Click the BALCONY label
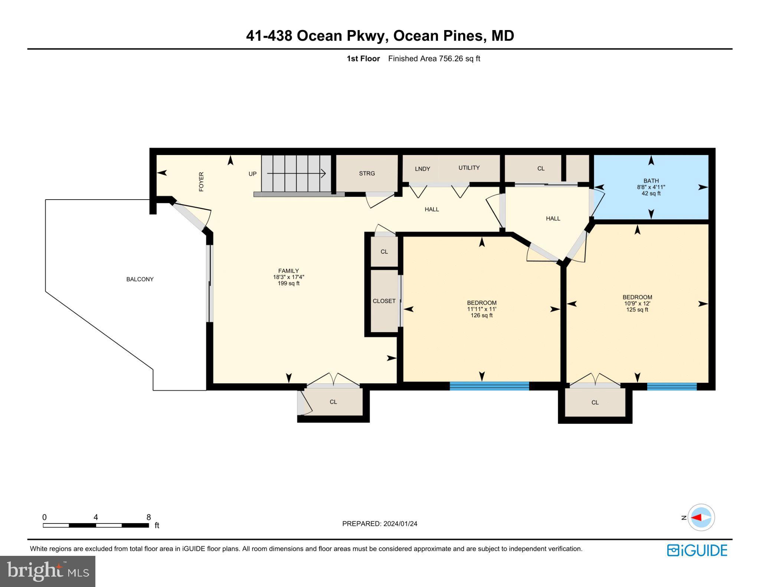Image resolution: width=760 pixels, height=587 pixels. click(x=140, y=279)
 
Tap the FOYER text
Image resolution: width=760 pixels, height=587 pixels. click(x=201, y=181)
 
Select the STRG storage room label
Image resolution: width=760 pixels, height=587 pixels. click(x=367, y=173)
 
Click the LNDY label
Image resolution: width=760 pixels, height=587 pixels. click(x=422, y=169)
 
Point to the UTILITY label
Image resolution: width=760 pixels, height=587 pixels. click(x=469, y=168)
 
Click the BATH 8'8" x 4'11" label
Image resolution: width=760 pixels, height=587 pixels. click(x=651, y=187)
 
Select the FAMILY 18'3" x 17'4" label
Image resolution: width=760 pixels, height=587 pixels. click(x=288, y=277)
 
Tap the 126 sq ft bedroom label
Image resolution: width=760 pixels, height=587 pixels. click(x=482, y=309)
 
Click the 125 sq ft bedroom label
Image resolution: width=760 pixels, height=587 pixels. click(x=637, y=303)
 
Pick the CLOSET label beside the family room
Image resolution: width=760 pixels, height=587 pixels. click(x=384, y=301)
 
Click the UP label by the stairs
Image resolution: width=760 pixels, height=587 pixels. click(x=252, y=174)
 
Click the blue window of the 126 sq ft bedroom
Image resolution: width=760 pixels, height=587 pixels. click(x=489, y=386)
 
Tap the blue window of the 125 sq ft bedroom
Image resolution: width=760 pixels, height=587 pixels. click(x=672, y=386)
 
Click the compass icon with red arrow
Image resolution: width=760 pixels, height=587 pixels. click(x=701, y=517)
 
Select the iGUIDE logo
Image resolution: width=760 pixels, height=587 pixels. click(x=697, y=550)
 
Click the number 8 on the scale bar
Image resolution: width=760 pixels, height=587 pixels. click(x=148, y=517)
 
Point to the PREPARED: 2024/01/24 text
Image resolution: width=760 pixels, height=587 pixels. click(x=380, y=524)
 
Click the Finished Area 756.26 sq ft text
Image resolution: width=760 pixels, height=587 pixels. click(x=434, y=59)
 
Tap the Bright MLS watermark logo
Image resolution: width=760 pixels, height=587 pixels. click(x=47, y=571)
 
